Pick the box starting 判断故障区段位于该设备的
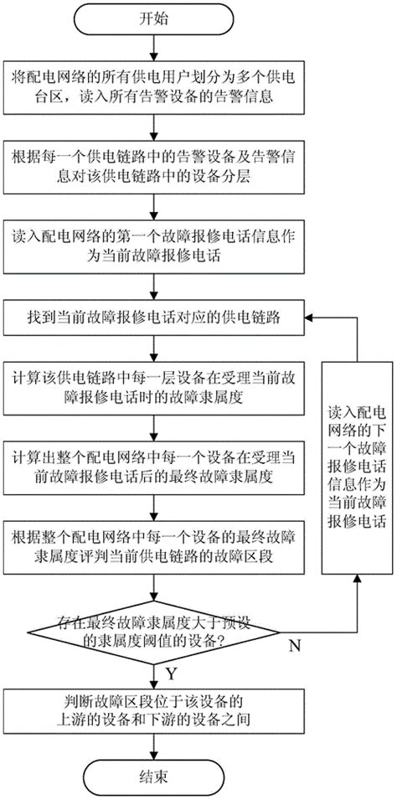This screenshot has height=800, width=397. click(x=152, y=705)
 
